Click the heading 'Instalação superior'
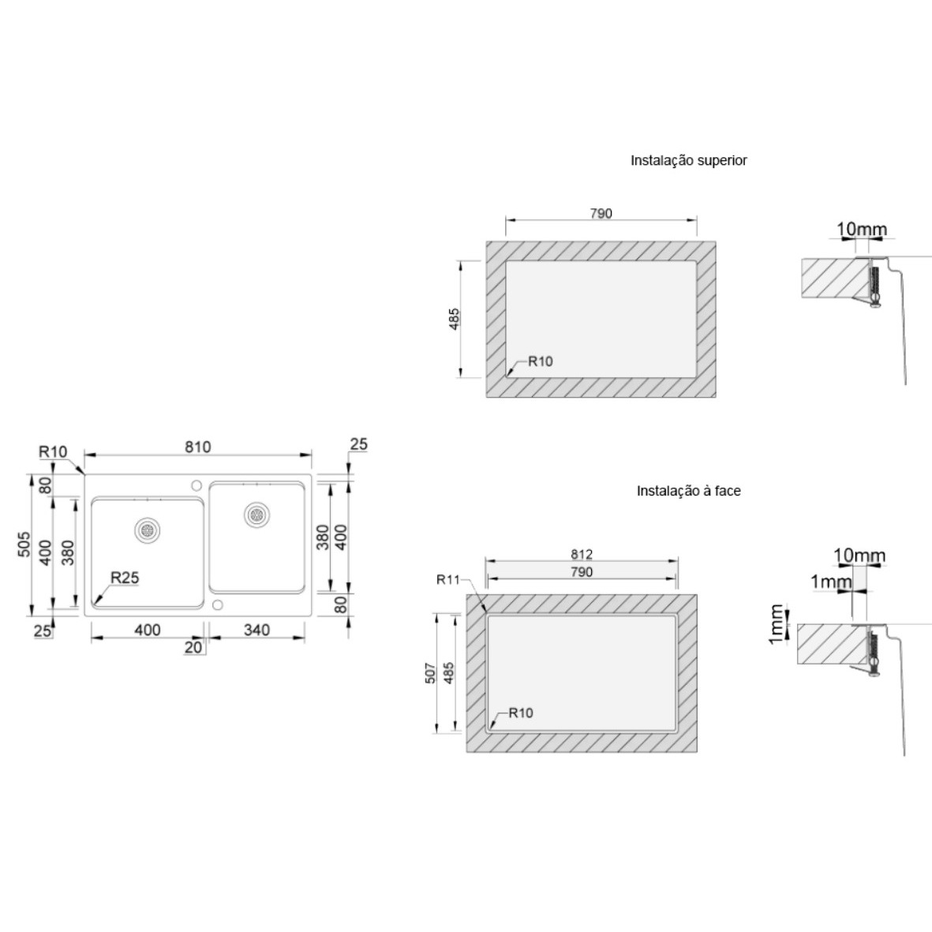688,160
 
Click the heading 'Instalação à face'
688,491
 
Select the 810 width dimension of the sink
197,447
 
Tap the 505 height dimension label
24,544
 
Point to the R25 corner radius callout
125,577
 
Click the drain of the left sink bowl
147,530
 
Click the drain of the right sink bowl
256,515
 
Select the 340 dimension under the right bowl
256,630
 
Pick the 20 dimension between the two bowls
193,647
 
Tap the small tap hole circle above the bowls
197,485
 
